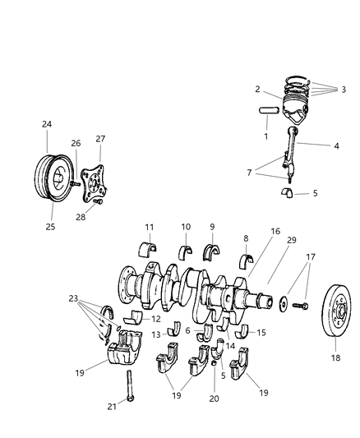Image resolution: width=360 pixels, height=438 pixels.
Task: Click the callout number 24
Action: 46,124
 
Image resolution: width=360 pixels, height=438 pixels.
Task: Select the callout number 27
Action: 101,139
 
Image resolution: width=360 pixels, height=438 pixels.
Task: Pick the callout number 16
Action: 252,233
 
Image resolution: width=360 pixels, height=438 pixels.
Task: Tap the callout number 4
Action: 312,147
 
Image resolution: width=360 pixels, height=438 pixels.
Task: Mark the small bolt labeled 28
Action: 97,201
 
